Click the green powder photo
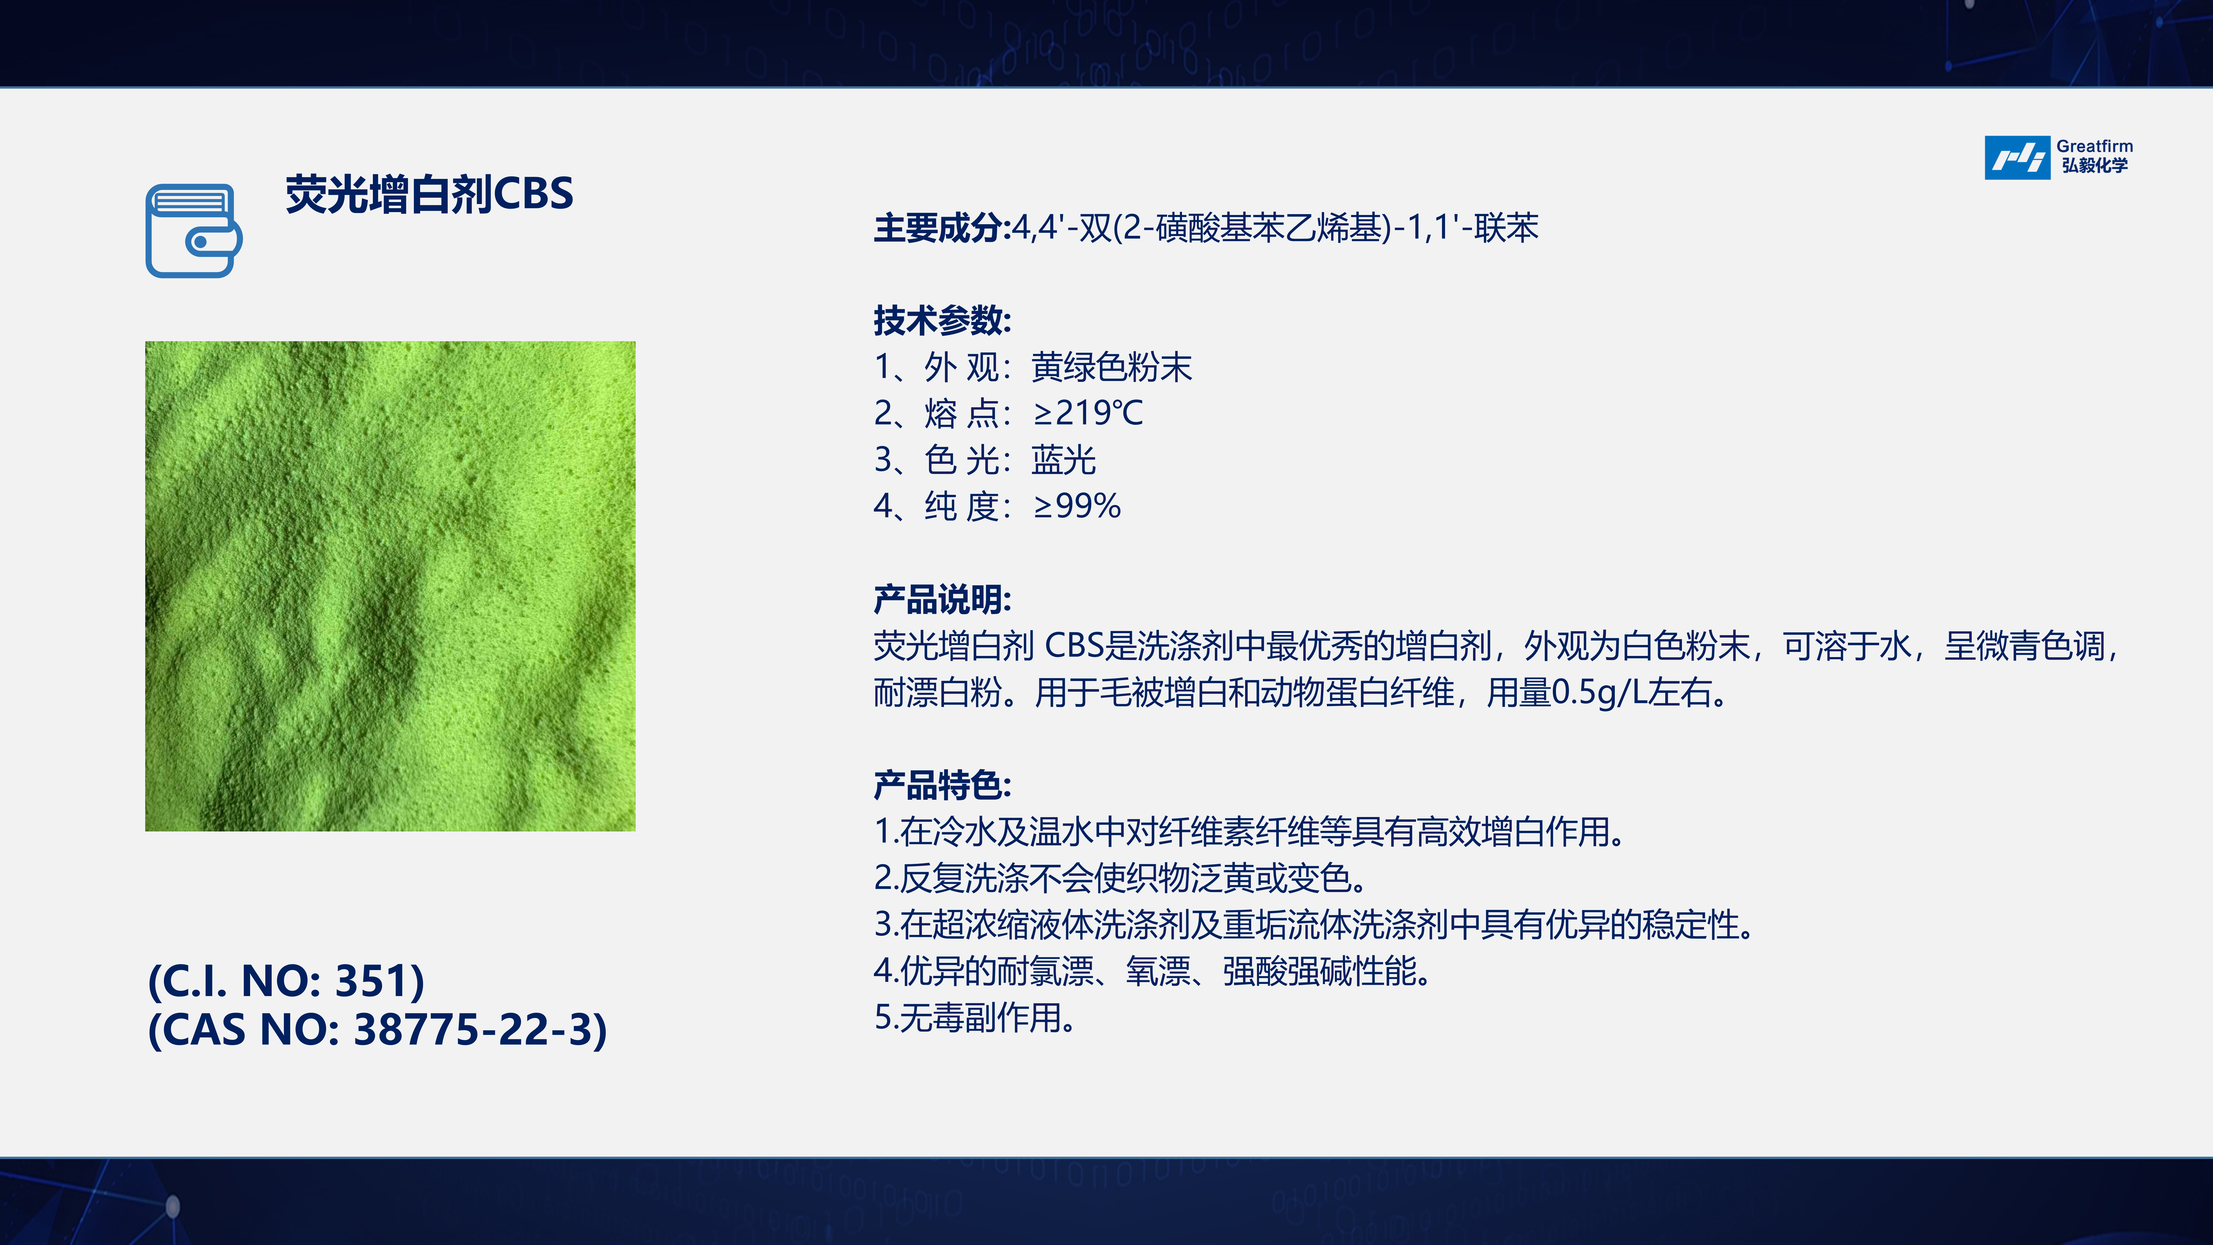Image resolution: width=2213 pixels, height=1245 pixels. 390,586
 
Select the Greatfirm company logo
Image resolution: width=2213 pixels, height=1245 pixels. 2058,157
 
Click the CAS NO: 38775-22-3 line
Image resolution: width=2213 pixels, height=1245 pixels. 378,1029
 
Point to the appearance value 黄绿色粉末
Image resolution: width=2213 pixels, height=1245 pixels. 1112,367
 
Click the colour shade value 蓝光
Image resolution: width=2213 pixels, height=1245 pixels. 1064,460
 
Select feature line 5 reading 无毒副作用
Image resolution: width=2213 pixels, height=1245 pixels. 975,1017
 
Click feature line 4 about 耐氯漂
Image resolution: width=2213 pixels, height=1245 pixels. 1152,971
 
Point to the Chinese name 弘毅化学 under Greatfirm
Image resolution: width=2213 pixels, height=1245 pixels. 2095,166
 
